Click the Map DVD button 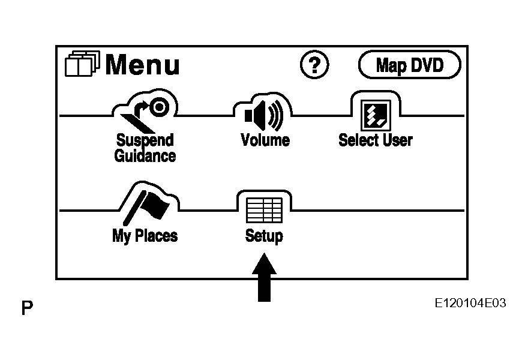coord(409,65)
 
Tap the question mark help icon coord(314,65)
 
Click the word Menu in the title coord(142,65)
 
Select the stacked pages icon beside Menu coord(82,64)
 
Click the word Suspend coord(145,140)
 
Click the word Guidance coord(145,155)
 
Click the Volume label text coord(265,140)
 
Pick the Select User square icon coord(376,115)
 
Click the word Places coord(156,235)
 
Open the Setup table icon coord(265,210)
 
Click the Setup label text coord(264,236)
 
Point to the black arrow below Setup coord(265,277)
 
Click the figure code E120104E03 coord(470,303)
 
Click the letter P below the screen coord(27,307)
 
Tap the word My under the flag coord(122,236)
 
